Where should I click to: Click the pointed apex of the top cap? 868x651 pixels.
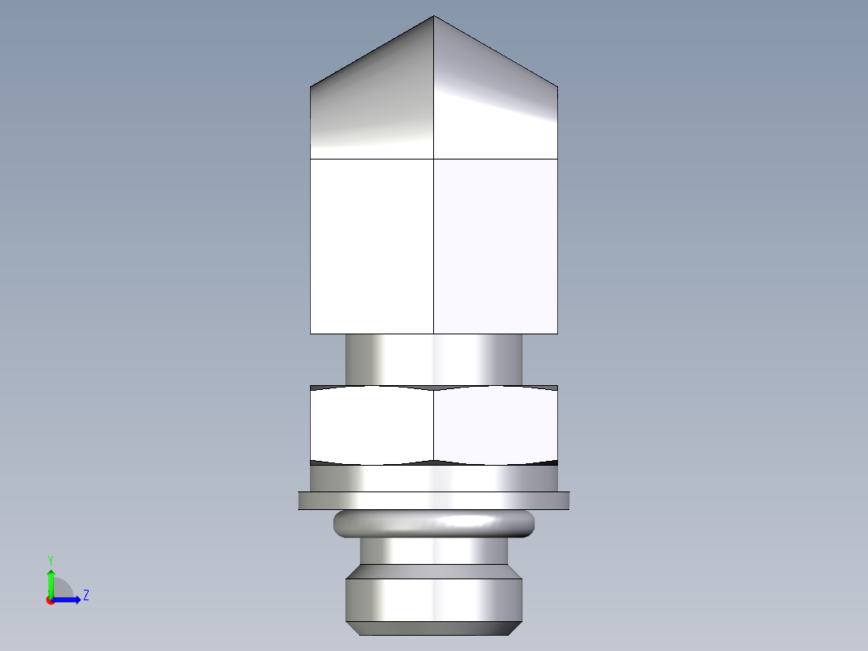(434, 17)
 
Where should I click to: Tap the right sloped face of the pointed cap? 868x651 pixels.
(495, 105)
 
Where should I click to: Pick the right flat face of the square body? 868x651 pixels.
(495, 246)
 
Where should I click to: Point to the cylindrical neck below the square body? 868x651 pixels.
(434, 359)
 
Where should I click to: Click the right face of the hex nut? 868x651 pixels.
(495, 425)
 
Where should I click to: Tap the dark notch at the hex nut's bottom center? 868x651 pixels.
(434, 462)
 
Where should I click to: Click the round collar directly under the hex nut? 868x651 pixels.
(434, 479)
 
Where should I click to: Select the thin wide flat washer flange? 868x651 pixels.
(434, 500)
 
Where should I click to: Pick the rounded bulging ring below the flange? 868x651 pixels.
(434, 524)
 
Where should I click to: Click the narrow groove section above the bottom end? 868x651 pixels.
(434, 551)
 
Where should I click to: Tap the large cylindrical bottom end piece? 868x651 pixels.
(434, 599)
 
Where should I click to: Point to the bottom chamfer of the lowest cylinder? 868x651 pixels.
(434, 628)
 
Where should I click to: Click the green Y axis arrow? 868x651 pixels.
(51, 581)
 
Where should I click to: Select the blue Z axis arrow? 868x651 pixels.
(69, 599)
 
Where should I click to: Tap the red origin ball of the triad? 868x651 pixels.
(51, 600)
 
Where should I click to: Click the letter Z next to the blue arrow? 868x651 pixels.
(85, 595)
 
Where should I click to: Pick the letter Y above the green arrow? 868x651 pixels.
(51, 560)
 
